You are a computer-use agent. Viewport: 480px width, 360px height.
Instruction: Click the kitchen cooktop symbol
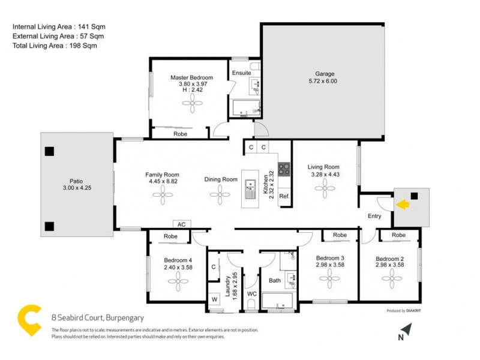(284, 170)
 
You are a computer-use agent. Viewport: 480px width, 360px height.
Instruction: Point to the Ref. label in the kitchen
(284, 196)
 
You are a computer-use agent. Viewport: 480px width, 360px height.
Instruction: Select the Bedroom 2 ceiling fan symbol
(392, 277)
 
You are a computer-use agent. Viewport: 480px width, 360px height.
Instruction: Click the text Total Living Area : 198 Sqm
(55, 46)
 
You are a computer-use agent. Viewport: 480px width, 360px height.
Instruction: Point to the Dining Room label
(221, 179)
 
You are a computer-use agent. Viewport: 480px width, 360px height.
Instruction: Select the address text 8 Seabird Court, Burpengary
(93, 319)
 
